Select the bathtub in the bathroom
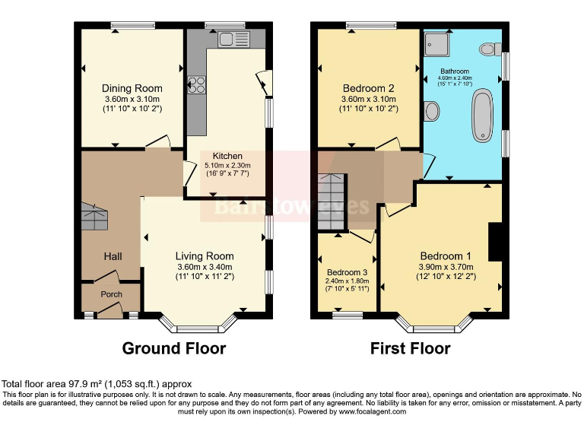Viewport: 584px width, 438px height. point(483,116)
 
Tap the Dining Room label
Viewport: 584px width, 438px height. point(133,89)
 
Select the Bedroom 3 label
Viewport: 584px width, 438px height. point(348,272)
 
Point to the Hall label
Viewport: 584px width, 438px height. point(113,256)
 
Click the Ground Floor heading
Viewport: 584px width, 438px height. point(174,349)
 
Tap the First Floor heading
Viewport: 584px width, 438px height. point(410,349)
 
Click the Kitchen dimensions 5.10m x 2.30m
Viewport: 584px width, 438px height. point(227,165)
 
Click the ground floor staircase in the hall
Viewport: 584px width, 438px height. point(95,217)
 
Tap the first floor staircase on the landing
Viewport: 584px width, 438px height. point(332,202)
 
